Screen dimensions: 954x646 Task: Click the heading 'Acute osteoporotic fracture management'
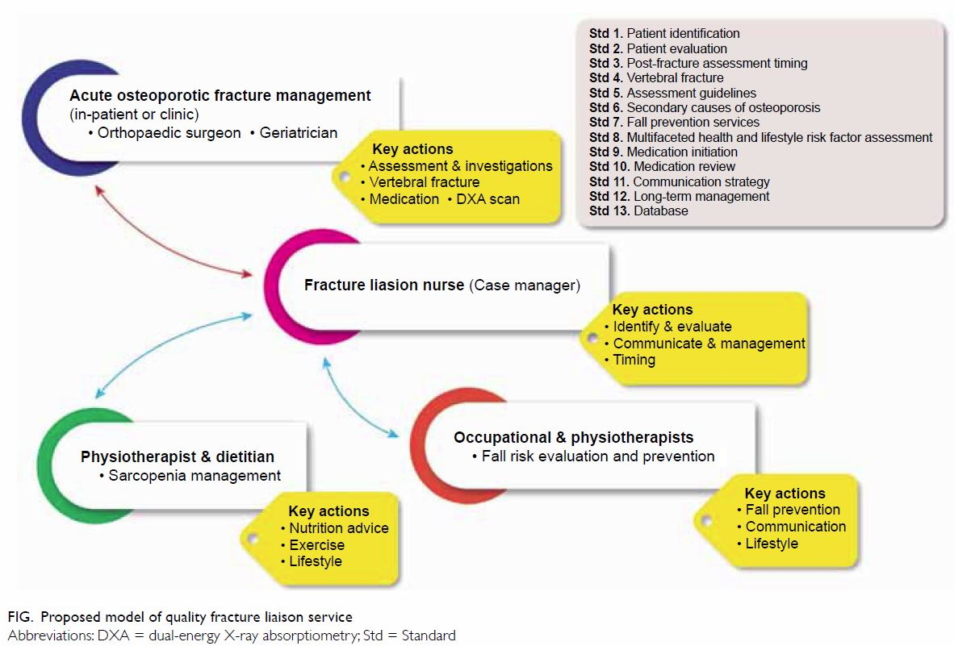point(220,95)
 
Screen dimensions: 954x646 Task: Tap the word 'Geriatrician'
point(298,132)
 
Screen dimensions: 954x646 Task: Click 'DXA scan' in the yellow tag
point(488,198)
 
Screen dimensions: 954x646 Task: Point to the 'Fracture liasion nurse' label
point(384,285)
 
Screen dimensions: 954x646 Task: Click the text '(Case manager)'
point(525,285)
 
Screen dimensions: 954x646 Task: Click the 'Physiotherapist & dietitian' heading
point(177,456)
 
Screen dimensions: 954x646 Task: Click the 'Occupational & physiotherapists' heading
point(573,438)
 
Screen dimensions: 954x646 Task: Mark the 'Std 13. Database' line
point(638,210)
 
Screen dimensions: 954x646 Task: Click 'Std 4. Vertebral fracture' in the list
point(656,77)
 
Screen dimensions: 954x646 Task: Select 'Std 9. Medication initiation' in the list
point(663,152)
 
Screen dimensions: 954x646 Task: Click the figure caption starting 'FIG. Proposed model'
point(180,617)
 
